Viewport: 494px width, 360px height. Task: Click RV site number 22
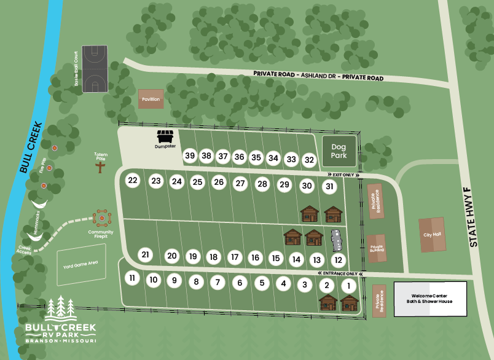132,180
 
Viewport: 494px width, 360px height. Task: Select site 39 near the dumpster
190,156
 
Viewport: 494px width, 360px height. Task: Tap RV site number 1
348,285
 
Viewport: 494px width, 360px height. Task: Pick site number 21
146,254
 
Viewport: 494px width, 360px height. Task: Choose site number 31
330,186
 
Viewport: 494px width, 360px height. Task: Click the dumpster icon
165,136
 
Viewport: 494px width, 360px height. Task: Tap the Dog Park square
339,151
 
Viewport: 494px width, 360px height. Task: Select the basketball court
95,69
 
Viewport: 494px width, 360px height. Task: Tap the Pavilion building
151,99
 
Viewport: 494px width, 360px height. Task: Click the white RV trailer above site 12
337,240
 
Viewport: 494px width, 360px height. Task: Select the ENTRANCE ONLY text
339,273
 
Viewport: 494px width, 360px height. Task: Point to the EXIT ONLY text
341,175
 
